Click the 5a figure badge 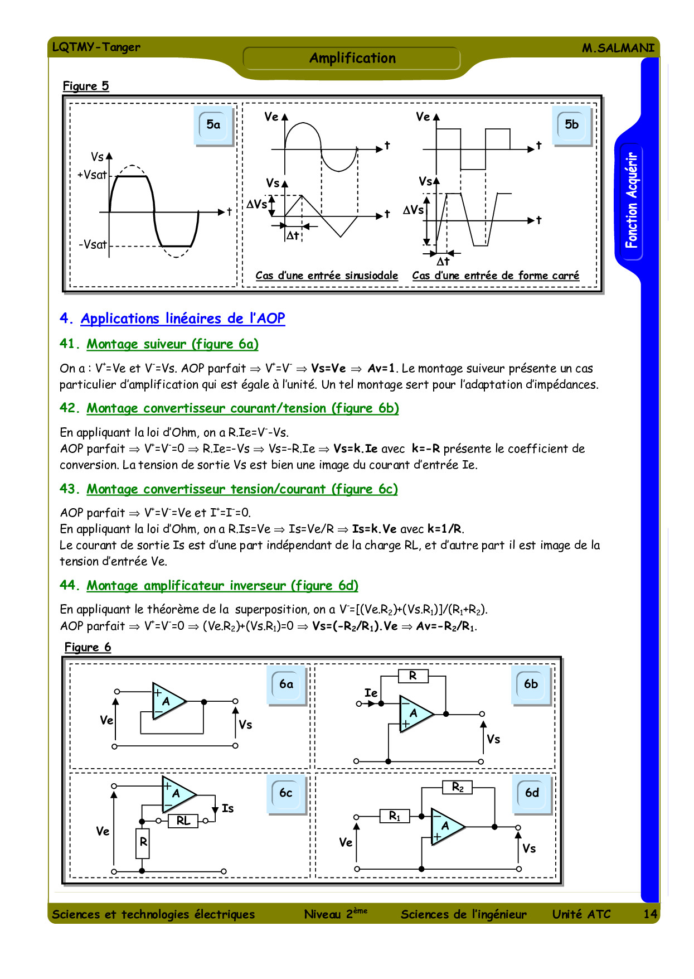[x=213, y=125]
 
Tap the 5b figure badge [x=572, y=125]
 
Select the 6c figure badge [x=286, y=793]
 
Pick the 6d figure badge [x=532, y=793]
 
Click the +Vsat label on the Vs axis [x=92, y=175]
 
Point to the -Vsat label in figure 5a [x=93, y=244]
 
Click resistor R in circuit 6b [x=413, y=676]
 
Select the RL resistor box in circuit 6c [x=183, y=821]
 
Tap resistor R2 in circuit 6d [x=458, y=787]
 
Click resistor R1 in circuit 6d [x=395, y=816]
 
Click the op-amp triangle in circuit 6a [x=167, y=701]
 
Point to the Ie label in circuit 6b [x=371, y=693]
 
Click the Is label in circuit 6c [x=227, y=808]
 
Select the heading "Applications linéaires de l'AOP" [x=183, y=319]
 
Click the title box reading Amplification [x=352, y=58]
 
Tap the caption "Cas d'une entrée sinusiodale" [x=327, y=276]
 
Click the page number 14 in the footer [x=650, y=914]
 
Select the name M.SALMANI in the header [x=618, y=48]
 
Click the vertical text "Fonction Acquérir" [x=631, y=201]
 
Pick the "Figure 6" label [x=88, y=647]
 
